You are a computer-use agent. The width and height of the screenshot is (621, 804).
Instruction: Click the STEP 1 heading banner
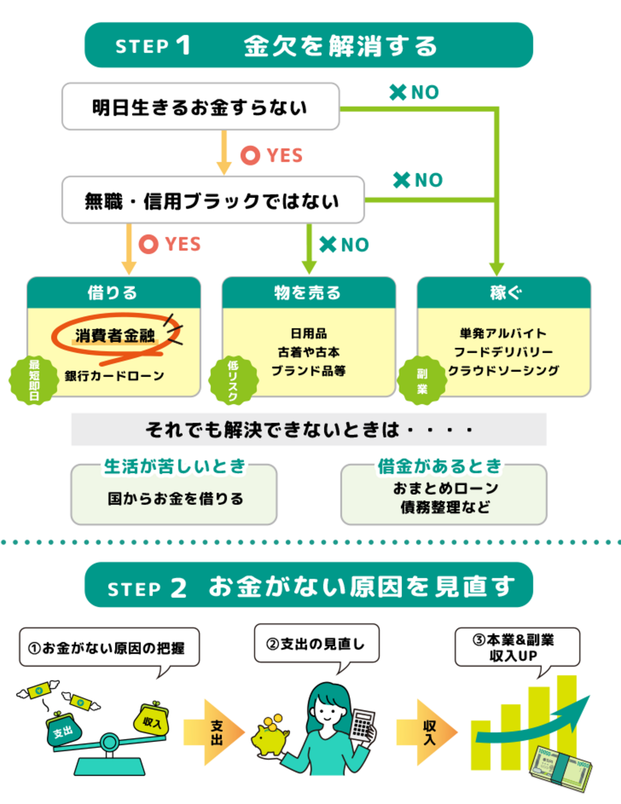(308, 45)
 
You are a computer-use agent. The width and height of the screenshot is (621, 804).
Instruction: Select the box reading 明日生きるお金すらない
(200, 107)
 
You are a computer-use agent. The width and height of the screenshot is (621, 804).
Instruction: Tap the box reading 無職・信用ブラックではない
(213, 200)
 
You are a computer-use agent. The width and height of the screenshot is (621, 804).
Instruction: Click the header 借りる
(113, 293)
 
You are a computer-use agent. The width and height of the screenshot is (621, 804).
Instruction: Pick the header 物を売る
(308, 293)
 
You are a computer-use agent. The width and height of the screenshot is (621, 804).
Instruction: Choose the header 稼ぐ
(504, 293)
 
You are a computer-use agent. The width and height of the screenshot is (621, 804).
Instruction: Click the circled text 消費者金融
(115, 336)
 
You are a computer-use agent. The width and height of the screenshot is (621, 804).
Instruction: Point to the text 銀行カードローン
(114, 376)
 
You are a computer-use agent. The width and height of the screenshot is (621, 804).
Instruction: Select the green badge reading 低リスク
(233, 380)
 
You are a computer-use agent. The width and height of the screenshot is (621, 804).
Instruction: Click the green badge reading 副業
(422, 380)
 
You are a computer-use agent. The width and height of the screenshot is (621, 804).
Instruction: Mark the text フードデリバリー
(504, 352)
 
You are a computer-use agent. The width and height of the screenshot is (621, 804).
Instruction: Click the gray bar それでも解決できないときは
(308, 429)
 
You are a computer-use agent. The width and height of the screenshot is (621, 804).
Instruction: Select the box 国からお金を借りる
(174, 498)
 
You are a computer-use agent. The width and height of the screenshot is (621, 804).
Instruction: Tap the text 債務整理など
(445, 507)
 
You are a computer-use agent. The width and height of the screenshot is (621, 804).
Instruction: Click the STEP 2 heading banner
(308, 586)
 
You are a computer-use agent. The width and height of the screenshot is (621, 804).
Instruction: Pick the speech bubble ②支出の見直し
(316, 644)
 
